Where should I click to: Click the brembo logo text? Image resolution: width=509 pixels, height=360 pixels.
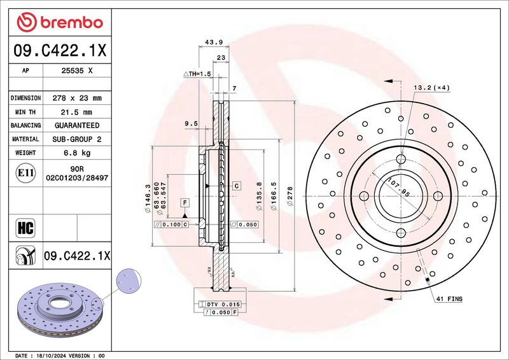pyautogui.click(x=71, y=22)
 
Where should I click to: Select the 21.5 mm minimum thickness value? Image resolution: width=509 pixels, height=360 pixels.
pyautogui.click(x=76, y=113)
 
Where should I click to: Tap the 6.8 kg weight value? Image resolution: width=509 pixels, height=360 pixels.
pyautogui.click(x=77, y=153)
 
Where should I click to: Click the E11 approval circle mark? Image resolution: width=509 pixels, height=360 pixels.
pyautogui.click(x=25, y=173)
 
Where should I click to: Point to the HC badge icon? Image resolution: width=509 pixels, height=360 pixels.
pyautogui.click(x=25, y=228)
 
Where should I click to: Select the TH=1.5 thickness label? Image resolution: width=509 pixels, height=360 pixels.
pyautogui.click(x=197, y=74)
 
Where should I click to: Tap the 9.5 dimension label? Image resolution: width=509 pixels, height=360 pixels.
pyautogui.click(x=191, y=123)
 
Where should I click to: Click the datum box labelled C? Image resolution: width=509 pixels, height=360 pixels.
pyautogui.click(x=237, y=186)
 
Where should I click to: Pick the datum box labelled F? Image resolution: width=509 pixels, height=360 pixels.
pyautogui.click(x=185, y=203)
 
